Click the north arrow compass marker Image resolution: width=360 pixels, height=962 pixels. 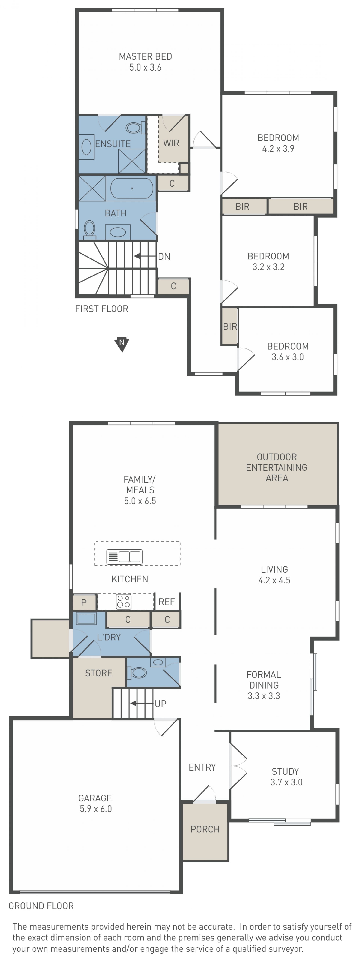(x=122, y=344)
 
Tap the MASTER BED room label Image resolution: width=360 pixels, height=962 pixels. (x=145, y=56)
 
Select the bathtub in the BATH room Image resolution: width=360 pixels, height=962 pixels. (x=132, y=188)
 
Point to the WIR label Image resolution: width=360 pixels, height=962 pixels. (x=171, y=143)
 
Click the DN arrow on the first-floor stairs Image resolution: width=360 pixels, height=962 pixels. (x=145, y=256)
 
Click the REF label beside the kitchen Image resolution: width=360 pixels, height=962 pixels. (x=166, y=602)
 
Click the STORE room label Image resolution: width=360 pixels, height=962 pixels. (x=99, y=673)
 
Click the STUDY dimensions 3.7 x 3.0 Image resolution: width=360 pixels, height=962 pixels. (x=286, y=782)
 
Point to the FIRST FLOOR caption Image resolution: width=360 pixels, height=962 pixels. (x=102, y=309)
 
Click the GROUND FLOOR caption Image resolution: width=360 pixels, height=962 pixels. (x=41, y=906)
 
